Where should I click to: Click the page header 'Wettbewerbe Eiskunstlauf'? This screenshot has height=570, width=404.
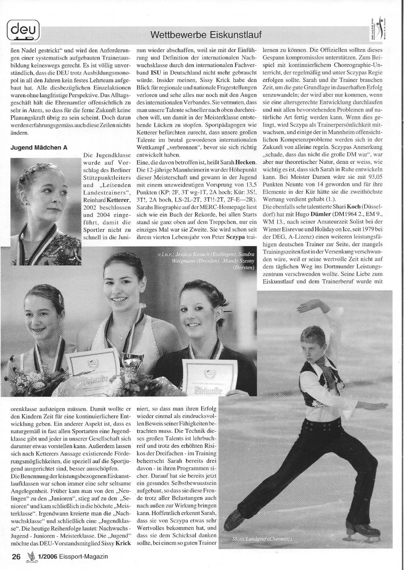pyautogui.click(x=206, y=35)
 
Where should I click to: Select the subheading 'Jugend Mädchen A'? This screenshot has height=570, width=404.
pyautogui.click(x=39, y=147)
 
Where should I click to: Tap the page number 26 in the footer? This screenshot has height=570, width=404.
pyautogui.click(x=16, y=557)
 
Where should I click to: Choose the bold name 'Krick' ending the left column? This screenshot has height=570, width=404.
pyautogui.click(x=123, y=543)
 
